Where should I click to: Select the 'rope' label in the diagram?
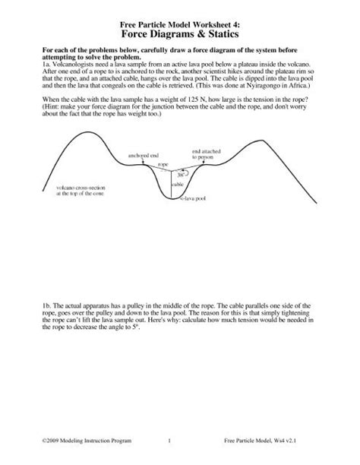pyautogui.click(x=162, y=163)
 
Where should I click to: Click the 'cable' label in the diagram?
pyautogui.click(x=176, y=184)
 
